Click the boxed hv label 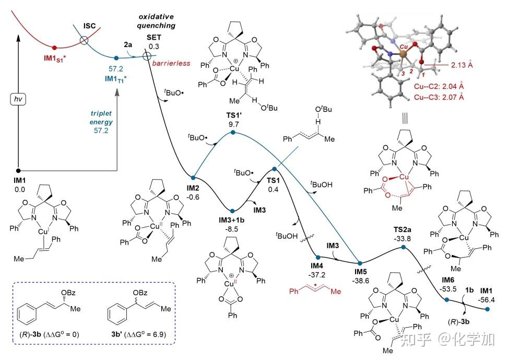tap(19, 98)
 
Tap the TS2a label tap(404, 229)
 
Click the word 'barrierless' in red tap(169, 64)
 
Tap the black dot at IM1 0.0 tap(19, 170)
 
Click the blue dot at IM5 tap(360, 262)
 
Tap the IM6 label tap(448, 279)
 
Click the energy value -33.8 tap(404, 238)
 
